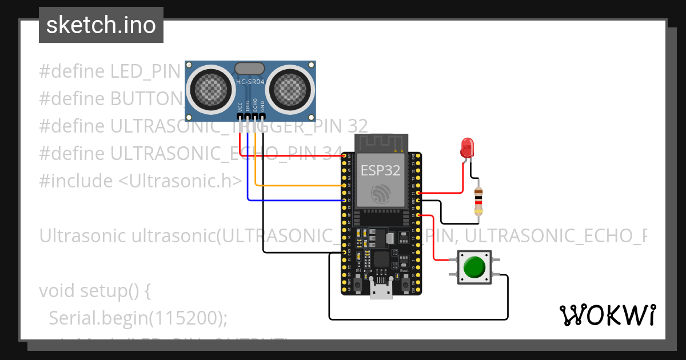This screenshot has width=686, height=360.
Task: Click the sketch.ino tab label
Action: [101, 25]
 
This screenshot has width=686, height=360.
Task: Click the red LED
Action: [468, 147]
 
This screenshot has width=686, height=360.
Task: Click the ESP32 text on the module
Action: [380, 170]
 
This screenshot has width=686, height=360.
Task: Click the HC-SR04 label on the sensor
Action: [250, 82]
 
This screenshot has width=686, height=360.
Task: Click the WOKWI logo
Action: [607, 315]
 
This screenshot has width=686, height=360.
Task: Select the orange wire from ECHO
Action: [297, 186]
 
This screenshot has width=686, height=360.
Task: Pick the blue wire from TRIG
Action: [292, 200]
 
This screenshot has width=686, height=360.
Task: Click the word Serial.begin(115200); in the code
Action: [138, 318]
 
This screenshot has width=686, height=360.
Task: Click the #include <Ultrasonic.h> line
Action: [141, 181]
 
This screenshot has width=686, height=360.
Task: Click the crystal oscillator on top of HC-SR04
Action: [250, 68]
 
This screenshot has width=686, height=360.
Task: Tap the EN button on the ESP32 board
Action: [358, 283]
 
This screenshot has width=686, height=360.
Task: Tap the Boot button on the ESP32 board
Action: [405, 283]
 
